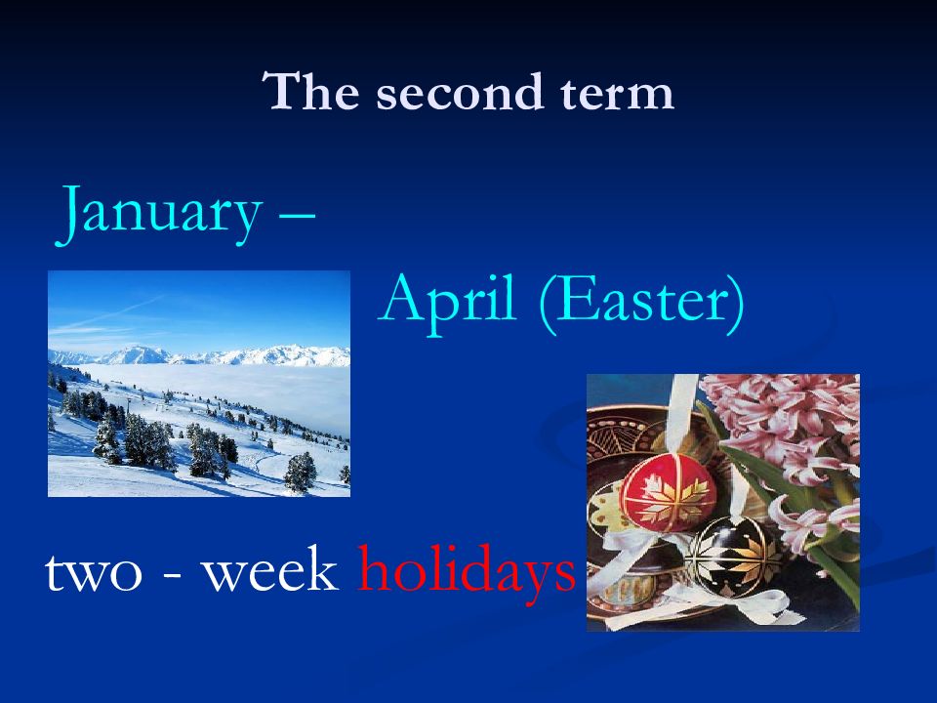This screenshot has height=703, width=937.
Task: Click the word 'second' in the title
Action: click(460, 92)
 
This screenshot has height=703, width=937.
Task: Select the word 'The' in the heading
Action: click(310, 91)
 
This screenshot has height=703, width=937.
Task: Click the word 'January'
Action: click(159, 214)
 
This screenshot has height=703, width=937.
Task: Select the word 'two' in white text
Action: click(94, 574)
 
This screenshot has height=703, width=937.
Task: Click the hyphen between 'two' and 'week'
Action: click(172, 576)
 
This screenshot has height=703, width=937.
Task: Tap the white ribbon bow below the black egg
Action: click(753, 603)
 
